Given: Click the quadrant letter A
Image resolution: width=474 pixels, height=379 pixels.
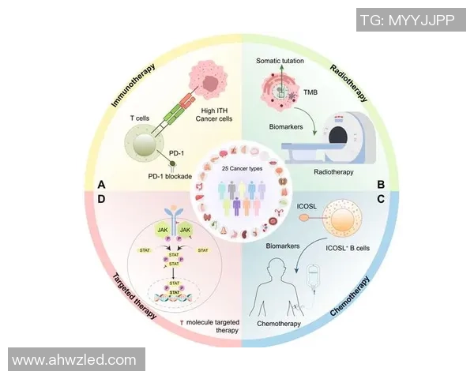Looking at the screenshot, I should tap(101, 184).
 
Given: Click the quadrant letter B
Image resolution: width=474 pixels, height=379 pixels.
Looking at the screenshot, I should tap(380, 185).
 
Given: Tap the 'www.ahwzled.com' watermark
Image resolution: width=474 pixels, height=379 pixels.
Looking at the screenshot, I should tap(75, 360).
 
